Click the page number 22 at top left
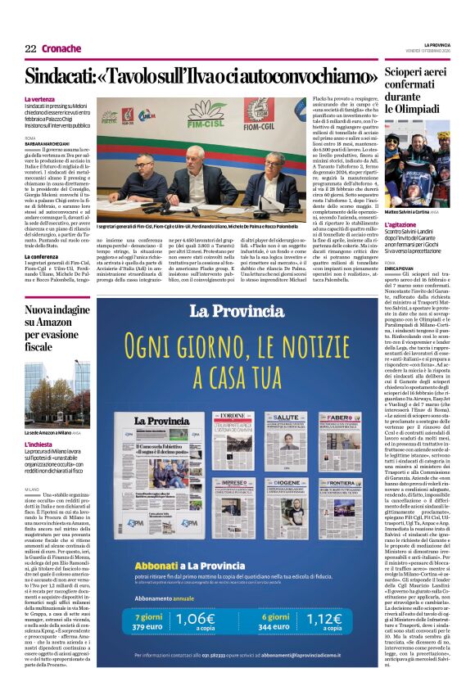coord(30,48)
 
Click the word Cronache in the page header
coord(61,48)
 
